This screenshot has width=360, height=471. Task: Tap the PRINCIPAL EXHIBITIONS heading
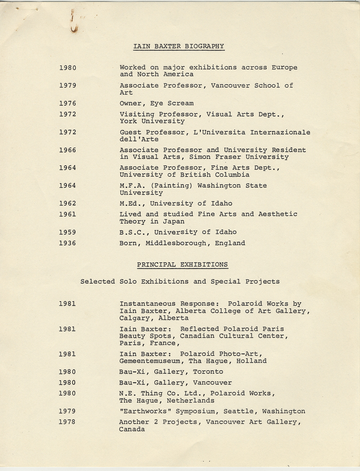click(x=179, y=264)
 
